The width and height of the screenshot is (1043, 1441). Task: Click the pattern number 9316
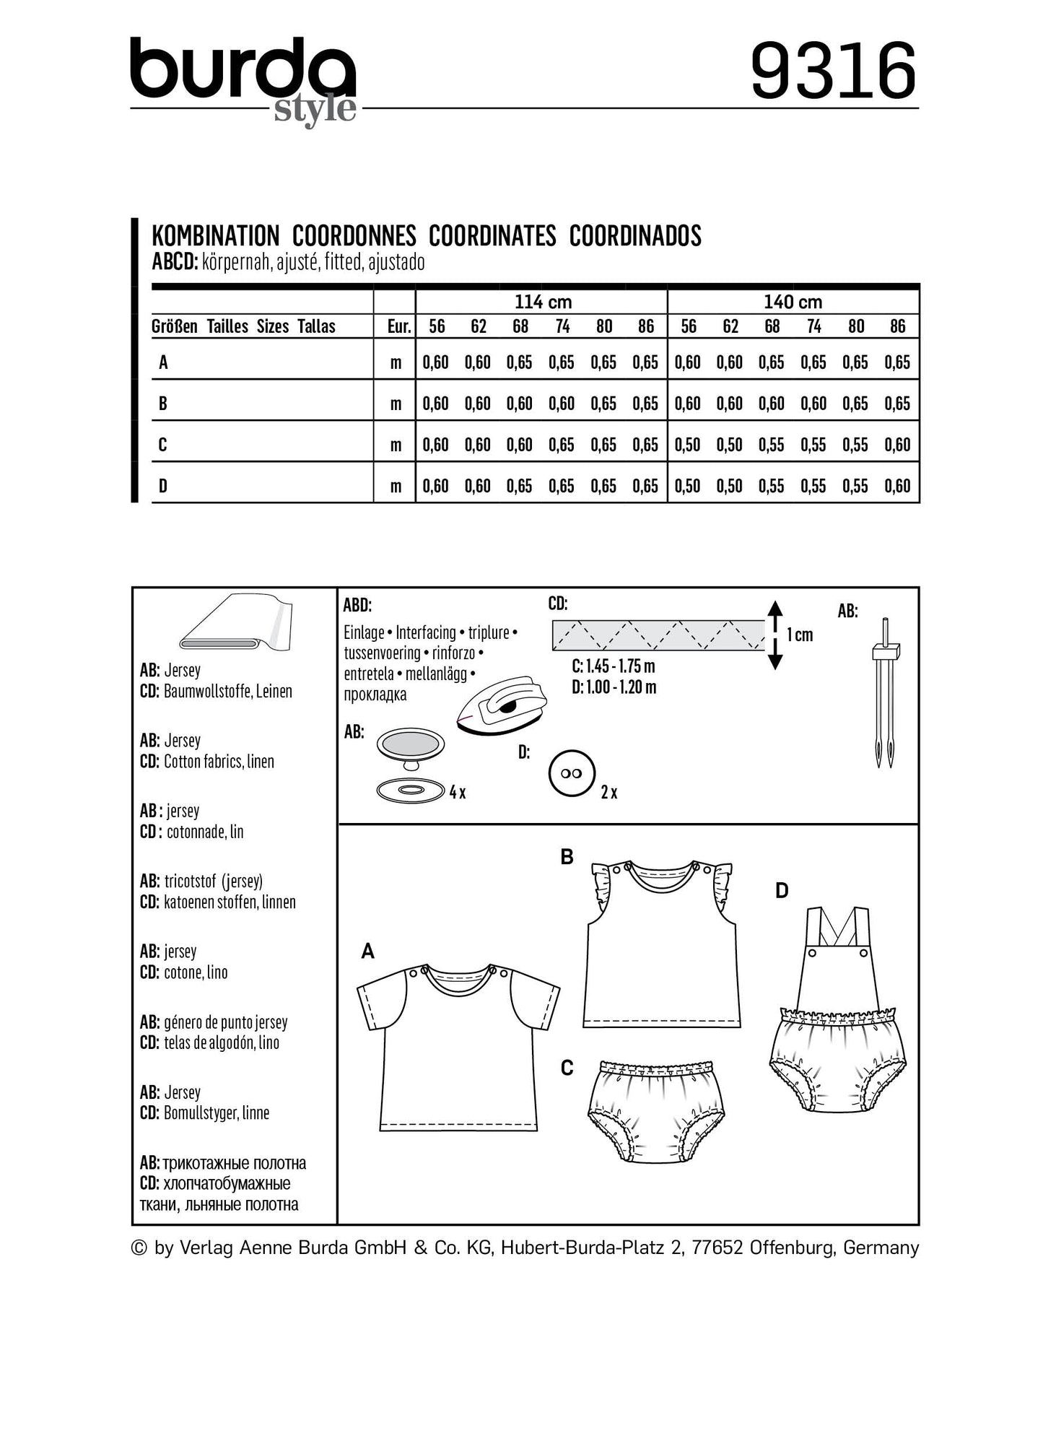[x=834, y=71]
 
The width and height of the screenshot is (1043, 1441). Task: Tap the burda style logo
[x=243, y=79]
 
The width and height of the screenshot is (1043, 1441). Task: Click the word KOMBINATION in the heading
[x=215, y=236]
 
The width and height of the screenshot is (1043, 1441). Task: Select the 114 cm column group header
[x=542, y=302]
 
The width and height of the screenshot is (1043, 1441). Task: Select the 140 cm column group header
[x=793, y=302]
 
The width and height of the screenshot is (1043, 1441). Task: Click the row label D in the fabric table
[x=163, y=486]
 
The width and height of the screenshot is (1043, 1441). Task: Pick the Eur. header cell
[x=398, y=326]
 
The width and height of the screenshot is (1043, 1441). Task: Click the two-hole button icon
[x=571, y=773]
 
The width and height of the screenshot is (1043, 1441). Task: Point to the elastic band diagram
[x=658, y=635]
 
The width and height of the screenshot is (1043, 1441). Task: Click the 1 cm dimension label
[x=800, y=635]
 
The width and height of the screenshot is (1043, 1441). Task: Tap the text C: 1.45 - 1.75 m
[x=614, y=666]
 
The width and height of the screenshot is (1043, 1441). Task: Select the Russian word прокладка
[x=375, y=695]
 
